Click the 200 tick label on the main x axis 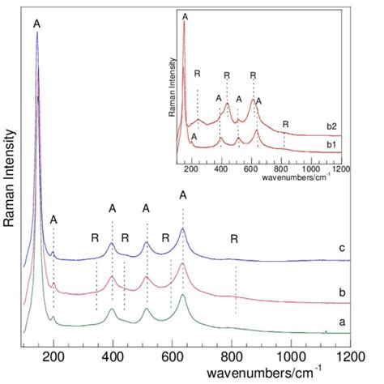tap(53, 356)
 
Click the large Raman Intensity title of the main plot tap(11, 186)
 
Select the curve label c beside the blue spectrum tap(343, 249)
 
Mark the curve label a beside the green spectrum tap(343, 322)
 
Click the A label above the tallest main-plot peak tap(36, 24)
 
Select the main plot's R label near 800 tap(234, 239)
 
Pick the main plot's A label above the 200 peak tap(53, 219)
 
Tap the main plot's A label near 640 tap(183, 195)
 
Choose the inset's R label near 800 tap(285, 124)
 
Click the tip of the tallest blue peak tap(36, 34)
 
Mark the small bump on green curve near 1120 tap(326, 331)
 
